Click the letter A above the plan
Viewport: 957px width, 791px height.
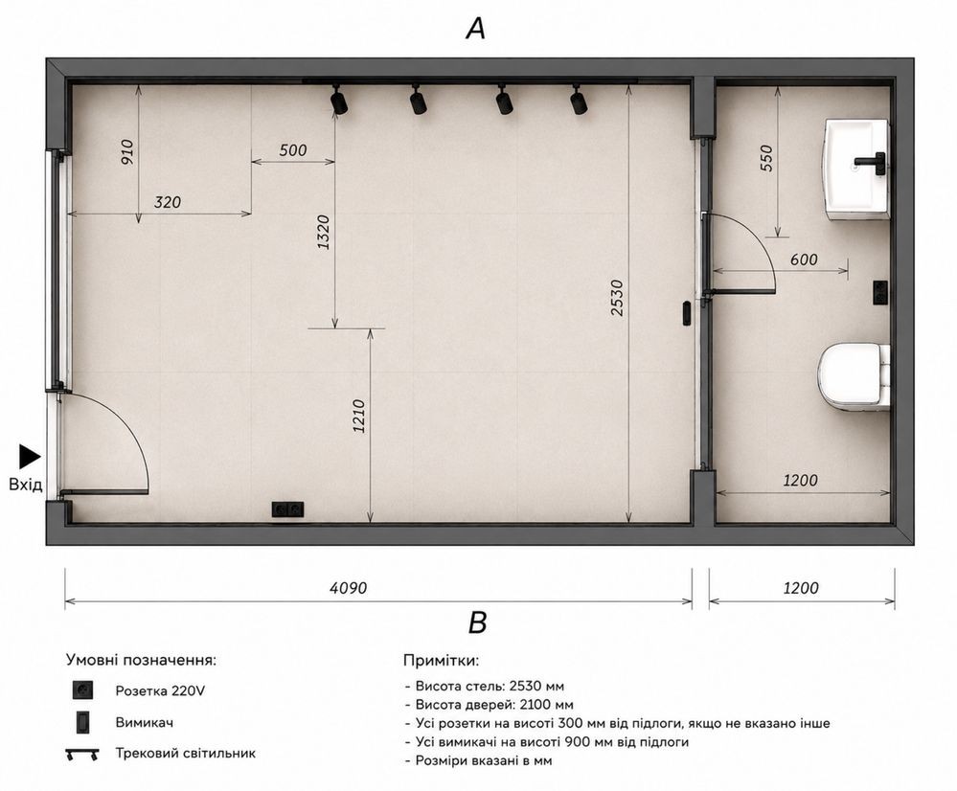(475, 28)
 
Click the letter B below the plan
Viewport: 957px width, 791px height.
(477, 623)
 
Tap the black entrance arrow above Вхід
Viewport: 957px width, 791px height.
(30, 457)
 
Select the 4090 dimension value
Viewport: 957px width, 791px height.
(349, 588)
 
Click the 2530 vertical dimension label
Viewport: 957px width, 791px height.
(617, 298)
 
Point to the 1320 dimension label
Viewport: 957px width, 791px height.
(324, 232)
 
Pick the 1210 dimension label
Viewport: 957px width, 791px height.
(359, 417)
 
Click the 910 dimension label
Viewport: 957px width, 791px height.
(127, 152)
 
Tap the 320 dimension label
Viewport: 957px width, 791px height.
(168, 202)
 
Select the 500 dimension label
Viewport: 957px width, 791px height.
(293, 150)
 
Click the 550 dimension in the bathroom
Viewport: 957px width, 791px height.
(766, 157)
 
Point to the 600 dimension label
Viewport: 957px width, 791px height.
(804, 260)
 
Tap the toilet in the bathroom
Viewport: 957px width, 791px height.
(854, 376)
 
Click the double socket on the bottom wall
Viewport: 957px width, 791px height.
(287, 509)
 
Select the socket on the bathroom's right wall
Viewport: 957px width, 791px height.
(880, 292)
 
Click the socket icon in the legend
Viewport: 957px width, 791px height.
(82, 690)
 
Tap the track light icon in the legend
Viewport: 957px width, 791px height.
(82, 754)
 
